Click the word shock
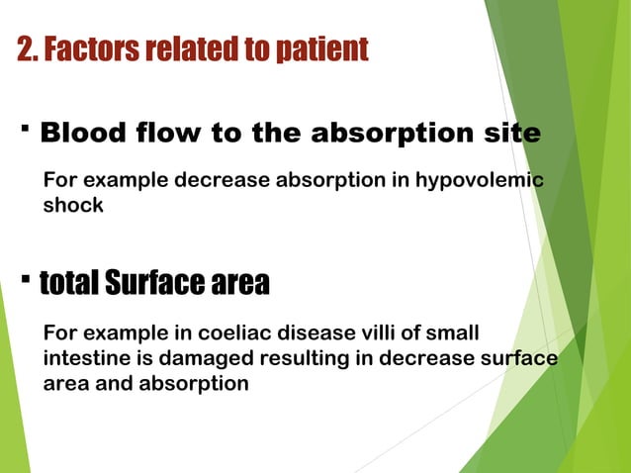pos(72,206)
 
